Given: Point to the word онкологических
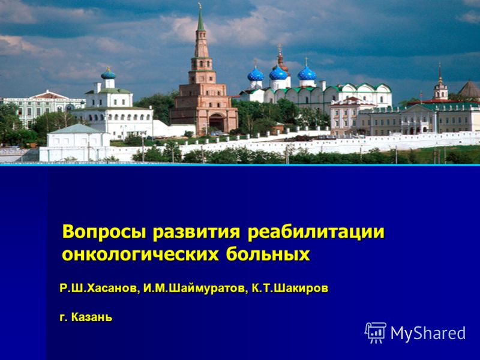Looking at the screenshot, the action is click(141, 254).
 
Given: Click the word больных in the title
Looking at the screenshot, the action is click(268, 254).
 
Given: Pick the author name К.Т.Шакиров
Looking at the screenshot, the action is click(290, 289).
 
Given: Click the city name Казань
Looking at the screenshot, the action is click(92, 317).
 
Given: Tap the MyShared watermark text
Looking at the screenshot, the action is click(428, 333).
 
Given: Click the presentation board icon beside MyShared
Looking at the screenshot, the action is click(376, 333).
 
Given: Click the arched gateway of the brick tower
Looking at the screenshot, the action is click(217, 122).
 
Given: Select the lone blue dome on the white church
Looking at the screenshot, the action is click(109, 74).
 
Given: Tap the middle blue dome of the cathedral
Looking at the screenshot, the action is click(278, 73).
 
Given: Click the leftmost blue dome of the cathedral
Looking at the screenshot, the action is click(256, 74).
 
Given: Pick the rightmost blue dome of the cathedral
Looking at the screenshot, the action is click(307, 73).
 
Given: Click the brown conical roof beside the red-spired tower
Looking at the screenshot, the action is click(469, 89).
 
